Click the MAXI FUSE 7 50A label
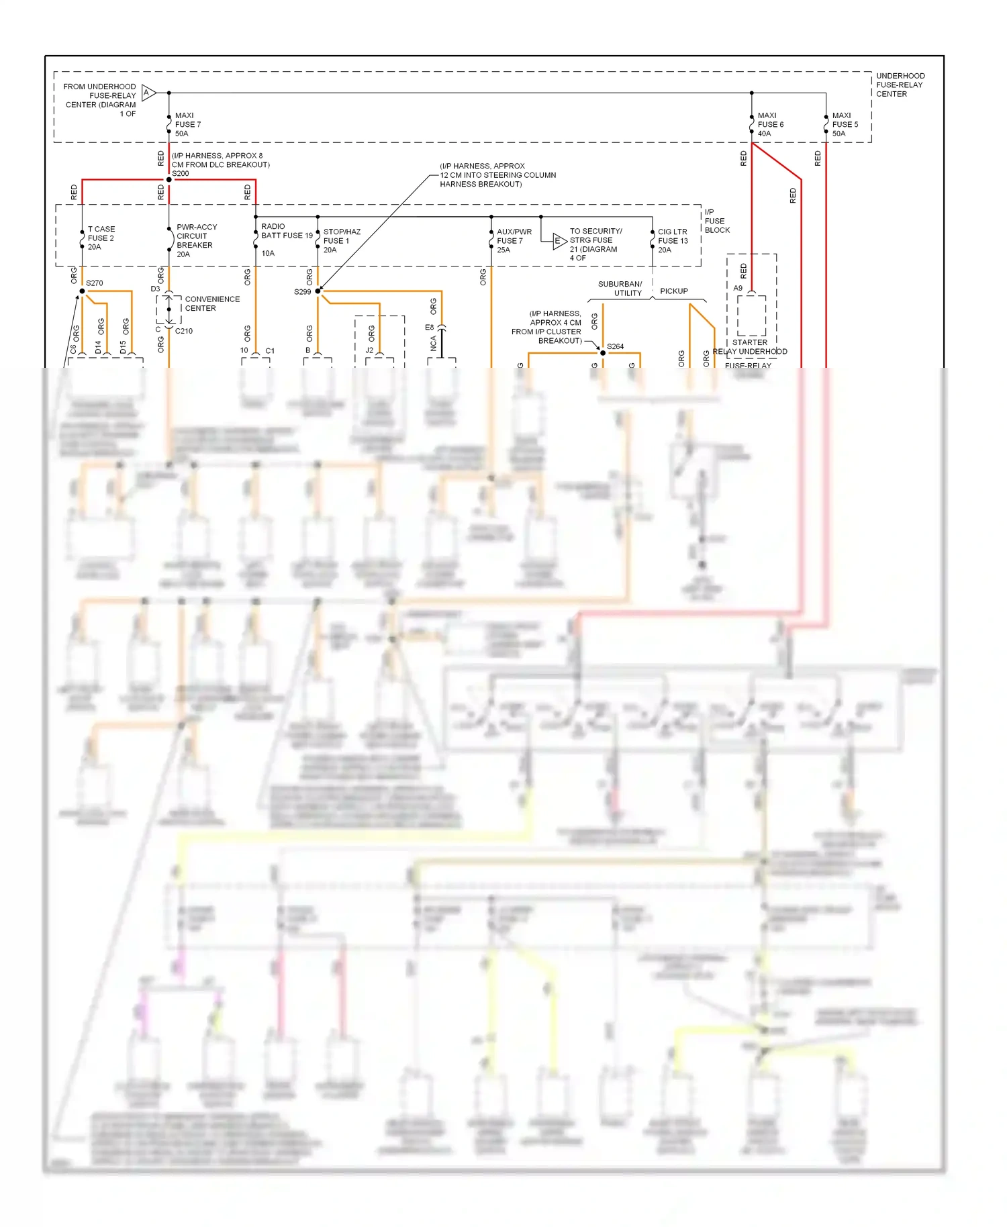pos(187,125)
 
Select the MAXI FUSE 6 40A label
pos(770,125)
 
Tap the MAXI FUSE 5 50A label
pos(845,125)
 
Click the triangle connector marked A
pos(148,93)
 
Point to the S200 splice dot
pos(169,180)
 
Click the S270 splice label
pos(95,283)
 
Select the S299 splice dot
pos(318,291)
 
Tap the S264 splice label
pos(615,346)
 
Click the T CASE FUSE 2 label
pos(101,238)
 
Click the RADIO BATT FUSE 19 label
pos(286,232)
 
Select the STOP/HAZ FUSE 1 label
pos(341,240)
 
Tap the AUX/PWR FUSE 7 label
pos(514,240)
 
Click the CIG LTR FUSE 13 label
pos(672,240)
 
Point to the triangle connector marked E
pos(559,242)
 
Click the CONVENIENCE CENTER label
pos(211,303)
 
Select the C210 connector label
pos(184,331)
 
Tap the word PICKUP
pos(673,291)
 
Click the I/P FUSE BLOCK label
pos(716,221)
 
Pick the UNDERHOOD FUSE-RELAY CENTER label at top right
pos(900,85)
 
